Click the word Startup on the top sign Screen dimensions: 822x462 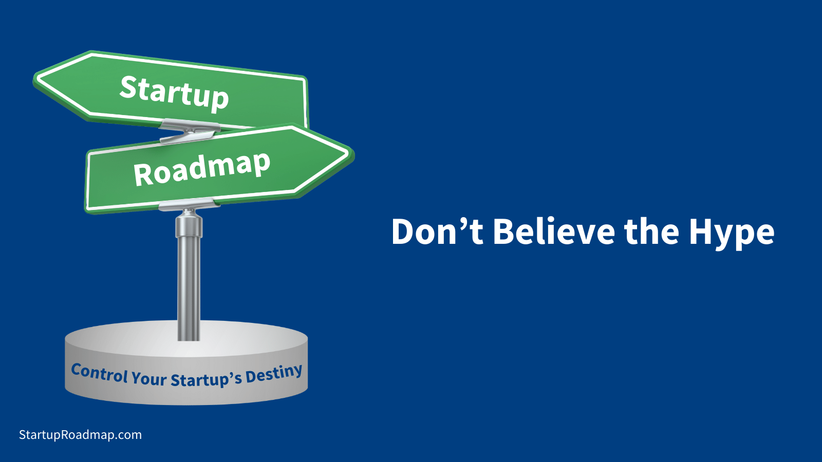click(x=174, y=93)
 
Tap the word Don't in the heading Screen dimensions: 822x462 click(x=437, y=231)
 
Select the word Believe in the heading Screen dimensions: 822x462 click(x=554, y=231)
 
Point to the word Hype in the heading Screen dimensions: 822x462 click(x=732, y=234)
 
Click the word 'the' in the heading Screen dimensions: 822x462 click(x=652, y=231)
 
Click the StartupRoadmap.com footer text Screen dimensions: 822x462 click(x=80, y=435)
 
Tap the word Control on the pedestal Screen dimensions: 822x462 click(x=100, y=373)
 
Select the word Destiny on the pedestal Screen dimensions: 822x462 click(x=274, y=375)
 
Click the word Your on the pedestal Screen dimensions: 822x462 click(x=149, y=378)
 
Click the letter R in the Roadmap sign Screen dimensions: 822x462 click(x=143, y=175)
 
